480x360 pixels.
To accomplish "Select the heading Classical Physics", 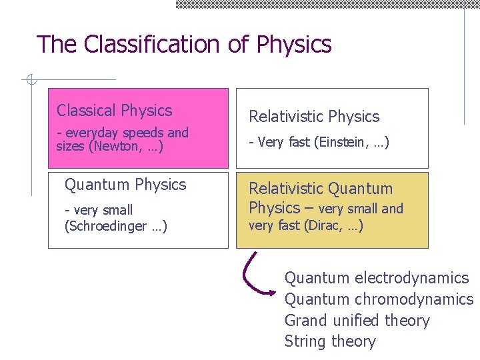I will tap(114, 111).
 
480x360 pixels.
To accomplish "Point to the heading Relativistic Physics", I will tap(313, 117).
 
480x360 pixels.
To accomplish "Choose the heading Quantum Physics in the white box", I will tap(125, 185).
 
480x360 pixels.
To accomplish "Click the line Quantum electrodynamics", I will tap(377, 278).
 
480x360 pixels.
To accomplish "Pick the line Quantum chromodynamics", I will tap(379, 299).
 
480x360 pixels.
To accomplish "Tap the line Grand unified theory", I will tap(357, 321).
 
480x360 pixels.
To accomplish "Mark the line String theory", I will tap(330, 342).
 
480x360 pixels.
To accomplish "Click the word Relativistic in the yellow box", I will tap(289, 189).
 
